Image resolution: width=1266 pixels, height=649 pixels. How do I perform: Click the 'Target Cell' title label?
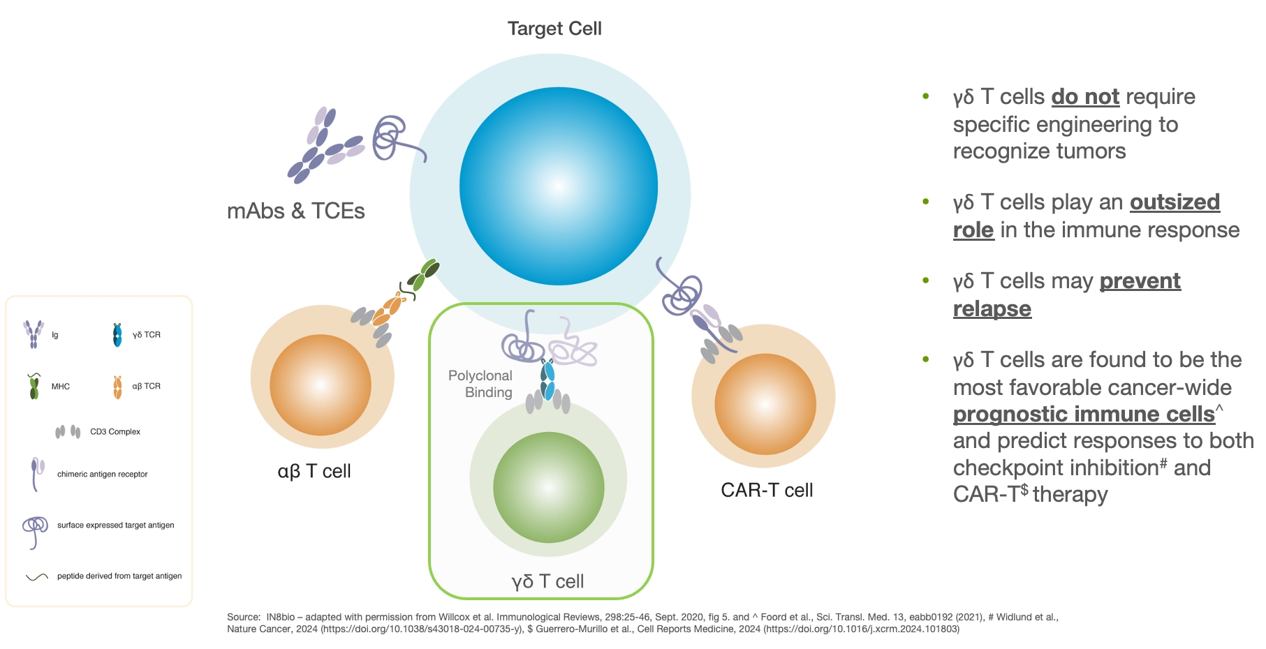(x=554, y=29)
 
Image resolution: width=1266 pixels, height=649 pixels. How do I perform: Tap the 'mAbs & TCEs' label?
(x=295, y=211)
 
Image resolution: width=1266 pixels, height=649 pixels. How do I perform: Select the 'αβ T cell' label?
(x=314, y=471)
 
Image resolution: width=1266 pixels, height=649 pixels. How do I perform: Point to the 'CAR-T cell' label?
(x=767, y=490)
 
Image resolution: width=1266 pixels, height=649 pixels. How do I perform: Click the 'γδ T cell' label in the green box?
(x=547, y=581)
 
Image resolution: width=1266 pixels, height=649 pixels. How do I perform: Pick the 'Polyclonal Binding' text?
(x=481, y=384)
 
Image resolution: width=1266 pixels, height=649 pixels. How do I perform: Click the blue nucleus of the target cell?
(x=558, y=186)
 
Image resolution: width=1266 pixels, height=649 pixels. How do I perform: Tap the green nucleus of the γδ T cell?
(x=548, y=487)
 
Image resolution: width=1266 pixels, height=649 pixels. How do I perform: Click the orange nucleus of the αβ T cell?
(x=320, y=385)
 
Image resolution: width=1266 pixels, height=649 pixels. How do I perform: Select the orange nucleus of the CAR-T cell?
(x=765, y=404)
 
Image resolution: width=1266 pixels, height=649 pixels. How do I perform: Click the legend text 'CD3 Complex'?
(x=115, y=432)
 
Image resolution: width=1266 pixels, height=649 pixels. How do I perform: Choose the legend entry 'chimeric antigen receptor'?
(x=102, y=475)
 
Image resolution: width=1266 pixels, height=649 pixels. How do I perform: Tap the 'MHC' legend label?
(x=61, y=387)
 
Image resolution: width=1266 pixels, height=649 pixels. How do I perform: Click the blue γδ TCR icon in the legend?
(x=117, y=335)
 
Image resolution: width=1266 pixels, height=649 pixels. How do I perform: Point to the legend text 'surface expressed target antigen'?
(x=115, y=525)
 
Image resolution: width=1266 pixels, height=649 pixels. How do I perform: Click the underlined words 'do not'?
(x=1085, y=97)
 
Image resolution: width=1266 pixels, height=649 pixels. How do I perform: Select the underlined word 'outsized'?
(x=1175, y=202)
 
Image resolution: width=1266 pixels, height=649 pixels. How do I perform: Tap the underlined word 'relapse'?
(x=992, y=308)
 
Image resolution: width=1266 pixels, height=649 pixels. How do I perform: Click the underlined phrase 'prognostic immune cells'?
(x=1084, y=415)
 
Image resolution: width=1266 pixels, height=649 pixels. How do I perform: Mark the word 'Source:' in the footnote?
(x=243, y=617)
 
